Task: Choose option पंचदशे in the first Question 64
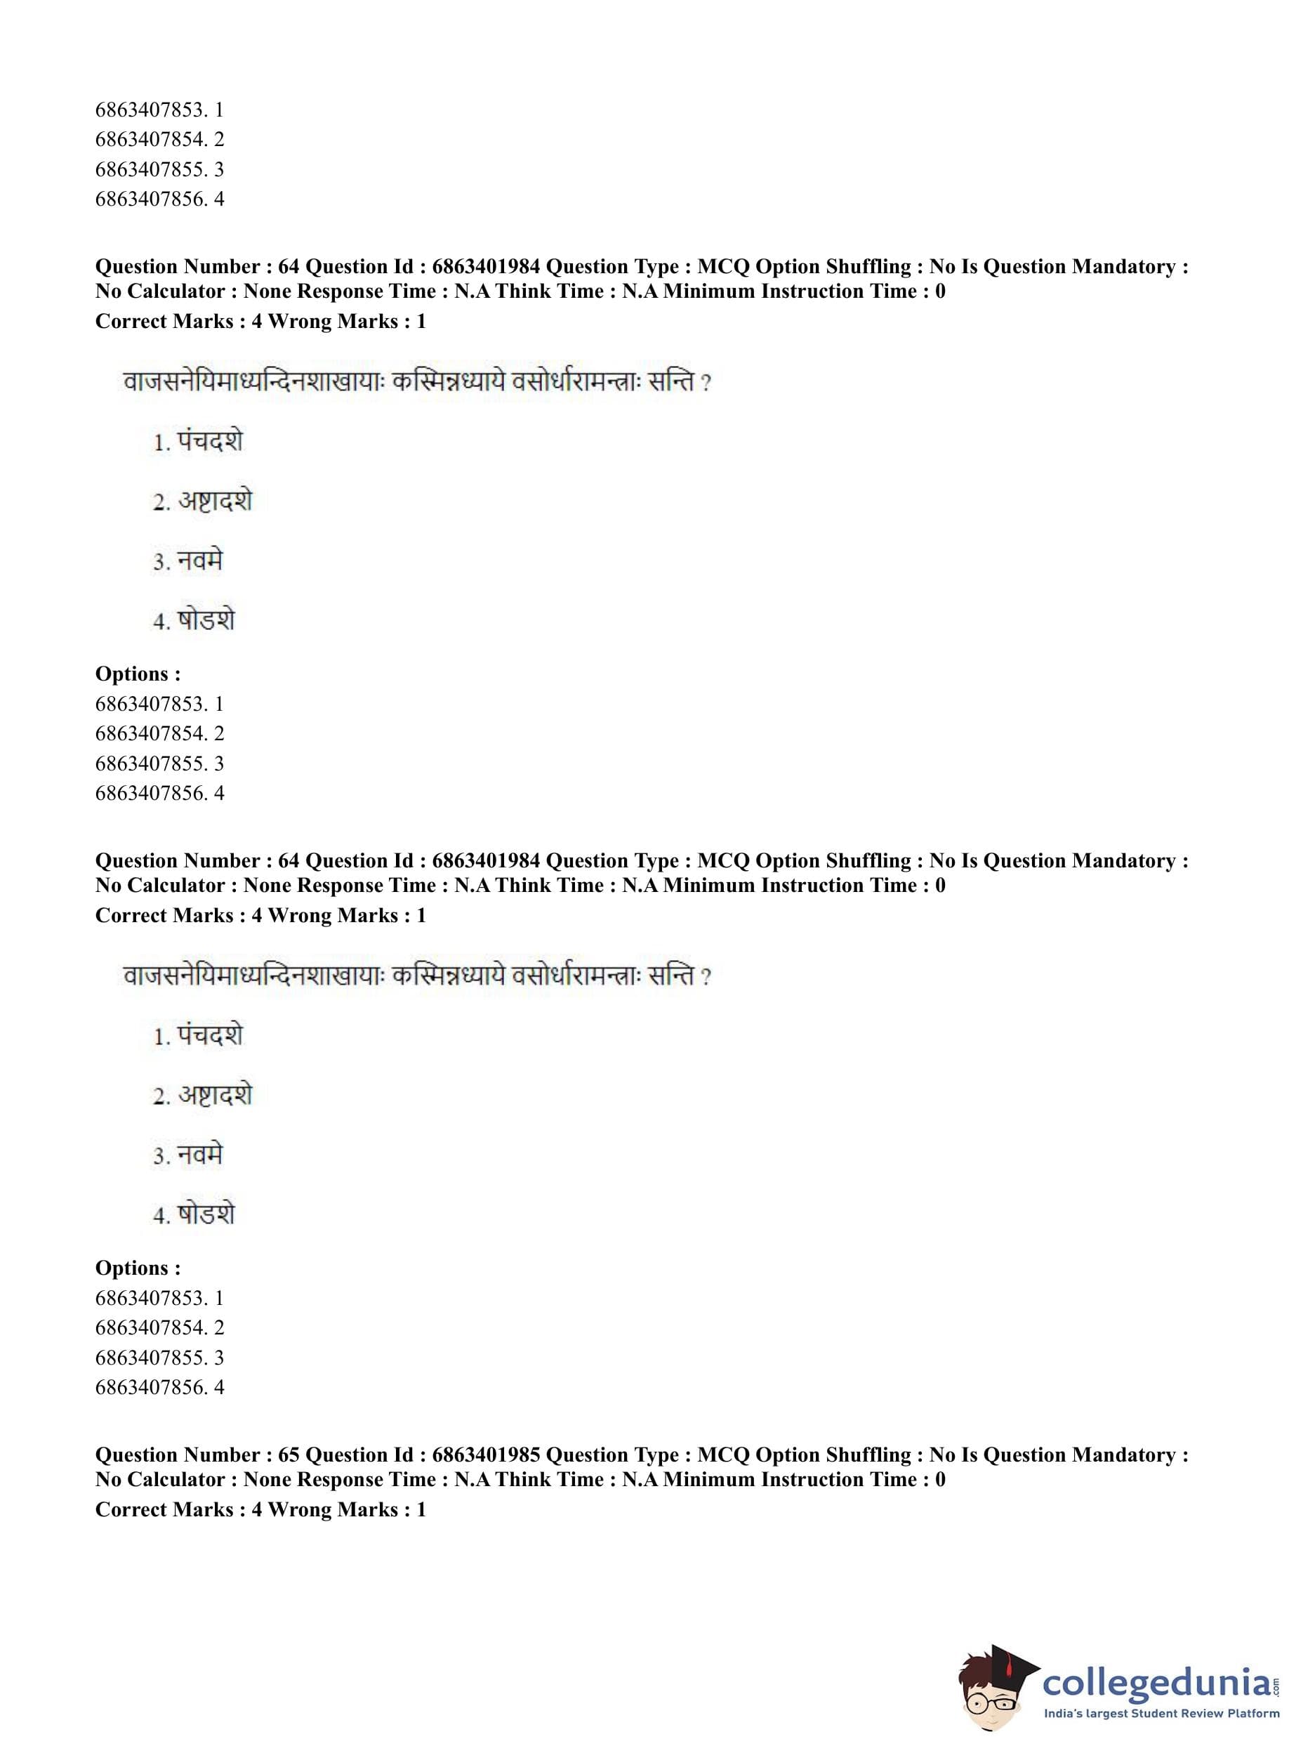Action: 210,442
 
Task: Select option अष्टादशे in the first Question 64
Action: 215,501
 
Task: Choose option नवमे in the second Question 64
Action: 200,1155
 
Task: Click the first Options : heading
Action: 138,674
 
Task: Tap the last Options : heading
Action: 138,1268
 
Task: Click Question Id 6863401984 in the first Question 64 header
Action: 485,267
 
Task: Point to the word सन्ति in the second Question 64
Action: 671,976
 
